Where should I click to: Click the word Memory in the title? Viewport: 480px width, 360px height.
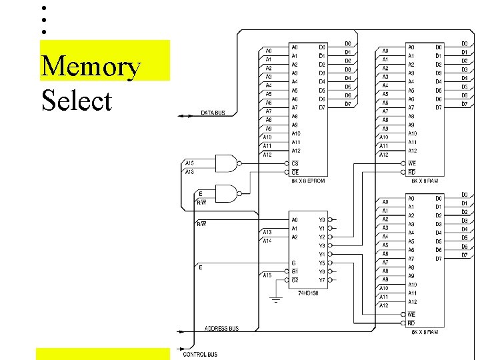point(91,67)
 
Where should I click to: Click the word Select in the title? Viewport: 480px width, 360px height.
point(76,101)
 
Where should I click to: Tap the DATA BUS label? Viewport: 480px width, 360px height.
point(213,113)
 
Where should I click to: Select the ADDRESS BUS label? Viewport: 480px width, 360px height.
point(221,329)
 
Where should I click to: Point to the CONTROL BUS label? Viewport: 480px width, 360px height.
point(200,354)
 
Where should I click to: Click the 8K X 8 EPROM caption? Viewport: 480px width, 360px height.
point(307,180)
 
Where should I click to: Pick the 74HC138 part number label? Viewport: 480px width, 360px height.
point(308,293)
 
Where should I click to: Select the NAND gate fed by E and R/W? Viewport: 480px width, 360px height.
point(226,194)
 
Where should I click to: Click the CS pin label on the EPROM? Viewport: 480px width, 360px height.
point(295,163)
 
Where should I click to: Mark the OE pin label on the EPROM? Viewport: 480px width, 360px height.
point(295,172)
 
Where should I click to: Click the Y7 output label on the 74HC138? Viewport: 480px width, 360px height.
point(321,280)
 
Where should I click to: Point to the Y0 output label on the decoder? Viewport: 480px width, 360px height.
point(321,219)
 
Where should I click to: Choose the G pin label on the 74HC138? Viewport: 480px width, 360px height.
point(294,263)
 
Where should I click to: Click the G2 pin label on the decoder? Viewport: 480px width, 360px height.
point(295,280)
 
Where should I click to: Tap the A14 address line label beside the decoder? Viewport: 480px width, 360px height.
point(267,241)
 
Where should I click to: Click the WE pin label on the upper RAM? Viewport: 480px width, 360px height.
point(412,163)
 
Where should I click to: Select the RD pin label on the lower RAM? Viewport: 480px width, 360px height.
point(411,323)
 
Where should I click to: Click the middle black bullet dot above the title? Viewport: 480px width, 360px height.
point(43,20)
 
